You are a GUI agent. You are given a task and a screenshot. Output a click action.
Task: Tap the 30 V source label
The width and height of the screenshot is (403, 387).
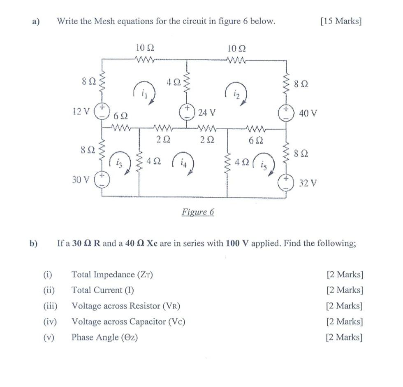[80, 180]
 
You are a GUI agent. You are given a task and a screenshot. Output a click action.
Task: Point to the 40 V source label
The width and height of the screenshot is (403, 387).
[308, 112]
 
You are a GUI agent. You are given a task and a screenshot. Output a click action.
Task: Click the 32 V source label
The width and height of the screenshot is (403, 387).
[308, 183]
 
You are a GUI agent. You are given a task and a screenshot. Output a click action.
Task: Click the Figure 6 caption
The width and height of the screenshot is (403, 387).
[198, 212]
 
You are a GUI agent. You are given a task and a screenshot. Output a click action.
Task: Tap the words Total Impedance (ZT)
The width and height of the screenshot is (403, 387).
[112, 275]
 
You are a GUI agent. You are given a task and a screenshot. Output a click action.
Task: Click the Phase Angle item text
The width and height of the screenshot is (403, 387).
[104, 338]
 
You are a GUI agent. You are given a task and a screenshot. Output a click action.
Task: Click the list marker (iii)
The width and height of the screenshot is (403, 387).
[51, 306]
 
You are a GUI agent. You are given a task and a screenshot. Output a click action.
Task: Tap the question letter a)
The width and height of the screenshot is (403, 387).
[36, 21]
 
